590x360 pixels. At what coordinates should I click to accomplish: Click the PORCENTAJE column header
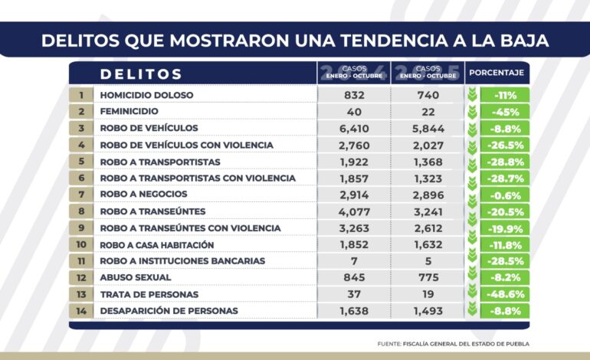[497, 73]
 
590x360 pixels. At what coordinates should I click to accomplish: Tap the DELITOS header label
[141, 74]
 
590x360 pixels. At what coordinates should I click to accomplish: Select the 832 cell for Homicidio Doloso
[354, 95]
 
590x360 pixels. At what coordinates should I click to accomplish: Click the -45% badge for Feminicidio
[505, 112]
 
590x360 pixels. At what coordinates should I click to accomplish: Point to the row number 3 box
[81, 128]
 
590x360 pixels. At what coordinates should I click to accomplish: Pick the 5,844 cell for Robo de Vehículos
[428, 129]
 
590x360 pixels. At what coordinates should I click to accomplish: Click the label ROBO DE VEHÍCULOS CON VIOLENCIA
[187, 146]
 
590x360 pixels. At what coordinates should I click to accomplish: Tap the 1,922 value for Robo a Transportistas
[354, 162]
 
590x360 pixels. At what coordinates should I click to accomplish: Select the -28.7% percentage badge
[505, 178]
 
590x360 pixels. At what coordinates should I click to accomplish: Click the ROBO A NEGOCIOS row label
[143, 194]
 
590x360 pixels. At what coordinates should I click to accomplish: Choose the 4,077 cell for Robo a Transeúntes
[354, 211]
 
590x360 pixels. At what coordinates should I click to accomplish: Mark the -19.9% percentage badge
[505, 228]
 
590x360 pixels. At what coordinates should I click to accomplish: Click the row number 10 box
[81, 244]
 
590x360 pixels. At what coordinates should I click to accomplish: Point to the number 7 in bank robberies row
[354, 261]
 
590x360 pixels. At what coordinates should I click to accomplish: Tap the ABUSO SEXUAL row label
[136, 277]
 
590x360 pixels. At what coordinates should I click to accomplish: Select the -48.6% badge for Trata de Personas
[505, 294]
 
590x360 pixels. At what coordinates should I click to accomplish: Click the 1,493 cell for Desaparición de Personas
[428, 311]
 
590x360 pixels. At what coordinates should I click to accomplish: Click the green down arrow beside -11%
[472, 95]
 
